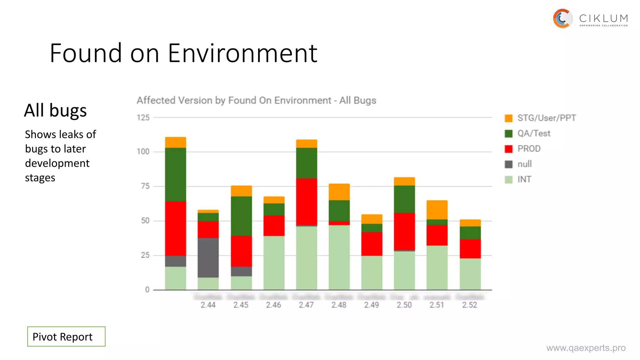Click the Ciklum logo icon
(562, 19)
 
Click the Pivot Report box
(66, 337)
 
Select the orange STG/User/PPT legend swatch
(508, 118)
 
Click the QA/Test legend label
(533, 133)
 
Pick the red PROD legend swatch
(508, 149)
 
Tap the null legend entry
(524, 164)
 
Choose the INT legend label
(524, 179)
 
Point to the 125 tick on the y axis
(143, 118)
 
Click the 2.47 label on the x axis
(306, 305)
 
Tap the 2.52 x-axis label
(469, 305)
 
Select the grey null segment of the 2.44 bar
(208, 257)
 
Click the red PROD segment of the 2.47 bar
(307, 202)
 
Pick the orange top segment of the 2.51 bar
(437, 210)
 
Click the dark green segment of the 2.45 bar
(241, 216)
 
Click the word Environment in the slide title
(242, 53)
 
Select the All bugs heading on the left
(55, 110)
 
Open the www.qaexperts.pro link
(586, 348)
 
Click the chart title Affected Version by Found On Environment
(256, 100)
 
